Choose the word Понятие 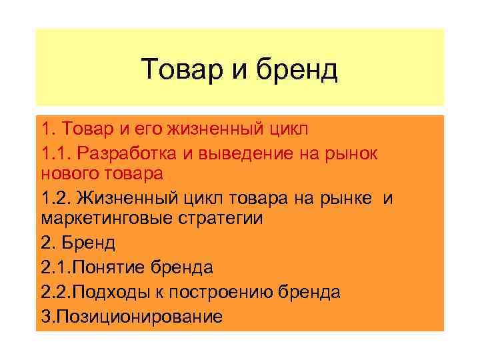[x=113, y=268]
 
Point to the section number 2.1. [x=55, y=268]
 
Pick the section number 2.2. [x=55, y=292]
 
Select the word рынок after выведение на [x=351, y=153]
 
